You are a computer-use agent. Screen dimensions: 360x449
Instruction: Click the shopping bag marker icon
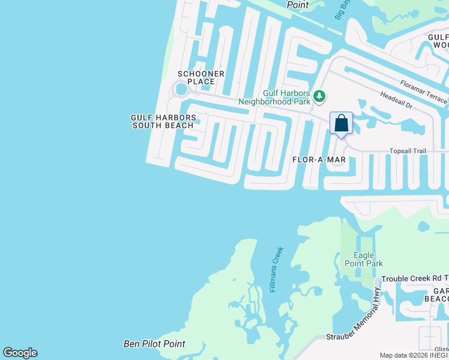click(x=341, y=124)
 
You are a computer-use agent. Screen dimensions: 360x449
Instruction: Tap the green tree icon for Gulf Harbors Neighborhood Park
click(x=320, y=96)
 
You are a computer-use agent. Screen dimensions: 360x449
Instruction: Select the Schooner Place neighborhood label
click(x=201, y=77)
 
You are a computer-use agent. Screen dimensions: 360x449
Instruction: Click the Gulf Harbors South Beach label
click(x=163, y=121)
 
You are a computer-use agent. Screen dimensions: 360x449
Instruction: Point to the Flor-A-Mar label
click(x=319, y=160)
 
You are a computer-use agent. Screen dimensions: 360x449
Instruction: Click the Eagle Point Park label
click(x=363, y=259)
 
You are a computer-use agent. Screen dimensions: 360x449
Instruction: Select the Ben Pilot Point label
click(x=154, y=344)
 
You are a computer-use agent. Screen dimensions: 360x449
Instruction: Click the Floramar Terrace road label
click(x=423, y=90)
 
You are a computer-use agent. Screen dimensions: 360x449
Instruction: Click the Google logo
click(x=20, y=353)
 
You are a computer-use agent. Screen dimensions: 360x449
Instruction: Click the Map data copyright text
click(x=414, y=355)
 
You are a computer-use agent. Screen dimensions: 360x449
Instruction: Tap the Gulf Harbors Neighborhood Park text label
click(x=286, y=97)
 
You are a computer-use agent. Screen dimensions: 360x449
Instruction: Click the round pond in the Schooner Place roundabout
click(x=179, y=90)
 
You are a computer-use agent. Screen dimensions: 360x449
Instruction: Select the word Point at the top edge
click(x=297, y=5)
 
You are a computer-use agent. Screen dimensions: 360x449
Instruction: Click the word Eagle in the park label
click(x=364, y=255)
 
